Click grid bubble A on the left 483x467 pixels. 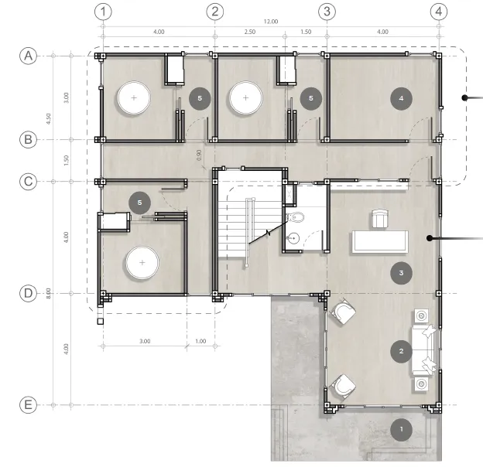[x=29, y=56]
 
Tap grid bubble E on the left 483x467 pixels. [x=29, y=405]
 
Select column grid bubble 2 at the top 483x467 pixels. [x=214, y=12]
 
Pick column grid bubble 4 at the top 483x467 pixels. [x=439, y=12]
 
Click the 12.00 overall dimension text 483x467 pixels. [x=271, y=22]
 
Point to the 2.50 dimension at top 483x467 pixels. [x=250, y=32]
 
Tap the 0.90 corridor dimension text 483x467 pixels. [x=199, y=155]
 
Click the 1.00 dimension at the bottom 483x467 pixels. [x=200, y=341]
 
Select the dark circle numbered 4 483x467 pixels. [x=401, y=98]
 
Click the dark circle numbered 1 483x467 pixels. [x=401, y=429]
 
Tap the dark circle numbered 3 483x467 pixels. [x=401, y=273]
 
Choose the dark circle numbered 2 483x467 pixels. [x=401, y=351]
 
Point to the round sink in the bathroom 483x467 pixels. [x=293, y=238]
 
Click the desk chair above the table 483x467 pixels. [x=380, y=219]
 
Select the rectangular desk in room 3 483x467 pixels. [x=380, y=242]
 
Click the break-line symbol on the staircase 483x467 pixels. [x=269, y=233]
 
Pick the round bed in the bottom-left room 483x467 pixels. [x=142, y=262]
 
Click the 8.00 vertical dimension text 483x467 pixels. [x=48, y=293]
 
